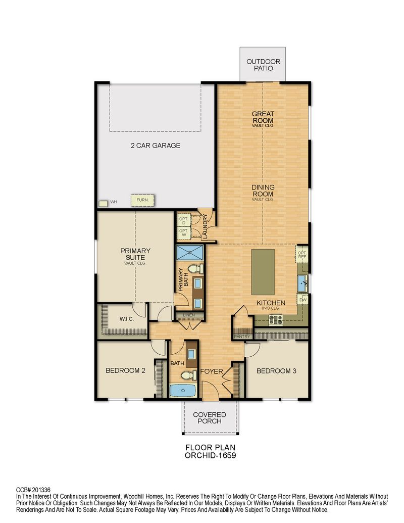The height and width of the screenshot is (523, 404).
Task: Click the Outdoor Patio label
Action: pos(263,65)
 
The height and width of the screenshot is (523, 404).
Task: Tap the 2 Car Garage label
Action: pos(156,146)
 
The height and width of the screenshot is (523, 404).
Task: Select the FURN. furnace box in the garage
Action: pos(142,200)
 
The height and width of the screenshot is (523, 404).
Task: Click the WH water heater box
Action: pos(104,203)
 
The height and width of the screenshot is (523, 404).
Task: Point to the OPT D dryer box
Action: pos(183,220)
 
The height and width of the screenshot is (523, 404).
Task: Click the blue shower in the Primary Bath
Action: pos(190,253)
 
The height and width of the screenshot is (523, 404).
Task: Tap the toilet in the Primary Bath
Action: pos(195,268)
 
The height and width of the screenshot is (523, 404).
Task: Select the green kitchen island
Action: pos(263,272)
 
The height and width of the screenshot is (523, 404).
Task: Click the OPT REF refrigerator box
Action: pos(302,255)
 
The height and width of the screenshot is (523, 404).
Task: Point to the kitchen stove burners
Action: pos(276,320)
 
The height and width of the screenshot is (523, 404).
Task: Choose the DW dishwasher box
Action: pos(303,300)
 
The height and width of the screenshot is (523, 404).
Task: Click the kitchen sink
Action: pos(302,283)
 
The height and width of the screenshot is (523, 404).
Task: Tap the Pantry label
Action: pos(242,337)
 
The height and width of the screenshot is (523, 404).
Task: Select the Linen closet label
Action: pos(189,315)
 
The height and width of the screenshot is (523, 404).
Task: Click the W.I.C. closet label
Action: pos(127,319)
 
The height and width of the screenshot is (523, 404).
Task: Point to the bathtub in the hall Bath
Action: pos(183,391)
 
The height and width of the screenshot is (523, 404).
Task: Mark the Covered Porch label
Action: pos(210,417)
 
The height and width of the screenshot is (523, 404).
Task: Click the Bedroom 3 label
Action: pos(276,371)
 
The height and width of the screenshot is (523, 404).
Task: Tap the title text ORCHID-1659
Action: pos(211,455)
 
